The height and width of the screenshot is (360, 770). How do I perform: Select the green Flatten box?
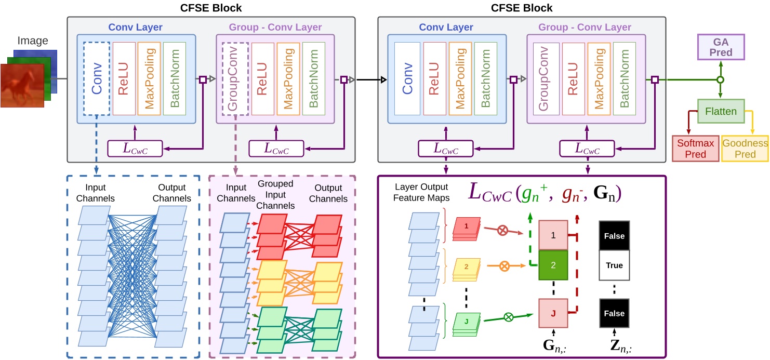[x=720, y=111]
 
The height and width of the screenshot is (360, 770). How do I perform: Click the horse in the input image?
[x=23, y=85]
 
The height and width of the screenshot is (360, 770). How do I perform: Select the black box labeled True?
[x=614, y=265]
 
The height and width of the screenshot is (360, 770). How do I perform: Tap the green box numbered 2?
[x=553, y=265]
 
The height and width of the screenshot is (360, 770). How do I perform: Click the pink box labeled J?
[x=553, y=313]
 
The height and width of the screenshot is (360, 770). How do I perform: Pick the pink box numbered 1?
[x=553, y=235]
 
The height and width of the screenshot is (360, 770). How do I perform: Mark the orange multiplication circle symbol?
[x=503, y=266]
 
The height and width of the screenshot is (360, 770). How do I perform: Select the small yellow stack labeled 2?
[x=466, y=267]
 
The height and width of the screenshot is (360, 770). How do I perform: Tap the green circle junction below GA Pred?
[x=720, y=80]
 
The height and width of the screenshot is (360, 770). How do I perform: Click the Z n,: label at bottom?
[x=615, y=344]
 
